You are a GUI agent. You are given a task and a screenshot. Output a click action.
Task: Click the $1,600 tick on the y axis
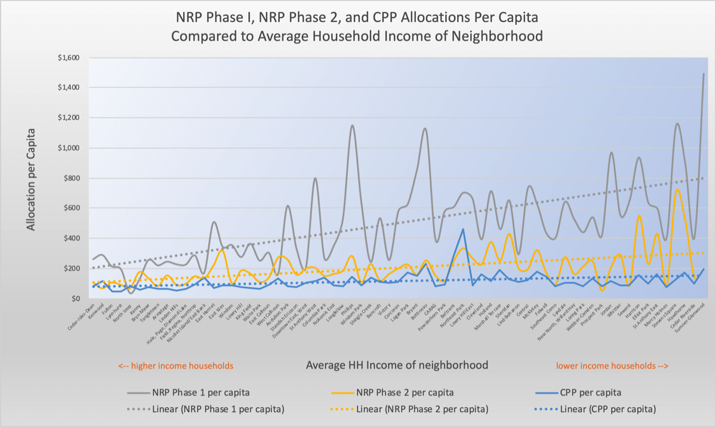click(x=75, y=58)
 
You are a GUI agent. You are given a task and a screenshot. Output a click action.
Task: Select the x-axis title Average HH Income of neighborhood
click(x=396, y=365)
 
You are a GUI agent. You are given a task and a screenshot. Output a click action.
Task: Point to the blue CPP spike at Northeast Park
click(x=463, y=229)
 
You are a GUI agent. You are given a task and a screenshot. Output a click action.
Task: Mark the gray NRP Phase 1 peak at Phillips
click(x=352, y=125)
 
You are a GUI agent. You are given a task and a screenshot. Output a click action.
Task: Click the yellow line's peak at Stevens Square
click(x=677, y=190)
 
